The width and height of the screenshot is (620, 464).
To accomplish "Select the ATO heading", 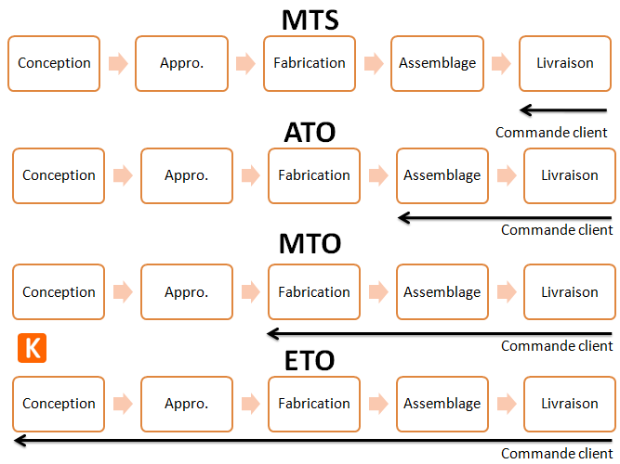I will coord(310,133).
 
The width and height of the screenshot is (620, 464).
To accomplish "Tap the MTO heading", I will coord(310,244).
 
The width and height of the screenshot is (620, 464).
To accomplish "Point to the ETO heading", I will coord(310,360).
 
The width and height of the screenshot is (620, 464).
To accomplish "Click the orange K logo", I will coord(32,348).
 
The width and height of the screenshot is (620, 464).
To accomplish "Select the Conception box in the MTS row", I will coord(54,64).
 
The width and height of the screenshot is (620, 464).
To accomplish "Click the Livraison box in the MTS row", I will coord(564,64).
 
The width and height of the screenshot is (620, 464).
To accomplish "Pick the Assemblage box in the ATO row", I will coord(442,175).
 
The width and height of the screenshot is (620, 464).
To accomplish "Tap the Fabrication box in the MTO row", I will coord(314,292).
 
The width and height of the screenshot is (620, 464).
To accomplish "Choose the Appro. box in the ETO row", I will coord(186,404).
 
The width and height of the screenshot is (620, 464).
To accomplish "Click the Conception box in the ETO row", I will coord(59,404).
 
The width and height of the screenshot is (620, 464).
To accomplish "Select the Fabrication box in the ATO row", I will coord(314,175).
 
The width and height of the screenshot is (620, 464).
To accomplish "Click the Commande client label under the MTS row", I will coord(551,133).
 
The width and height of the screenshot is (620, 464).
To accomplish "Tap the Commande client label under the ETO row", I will coord(557,454).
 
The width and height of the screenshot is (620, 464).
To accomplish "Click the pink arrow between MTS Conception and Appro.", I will coord(117,64).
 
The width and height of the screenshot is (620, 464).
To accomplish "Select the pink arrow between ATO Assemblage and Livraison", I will coord(506,175).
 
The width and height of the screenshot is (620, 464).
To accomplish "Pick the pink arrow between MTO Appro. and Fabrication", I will coord(250,292).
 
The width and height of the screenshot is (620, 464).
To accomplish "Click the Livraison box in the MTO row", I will coord(569,292).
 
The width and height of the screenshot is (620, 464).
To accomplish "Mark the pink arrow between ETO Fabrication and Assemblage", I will coord(378,404).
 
